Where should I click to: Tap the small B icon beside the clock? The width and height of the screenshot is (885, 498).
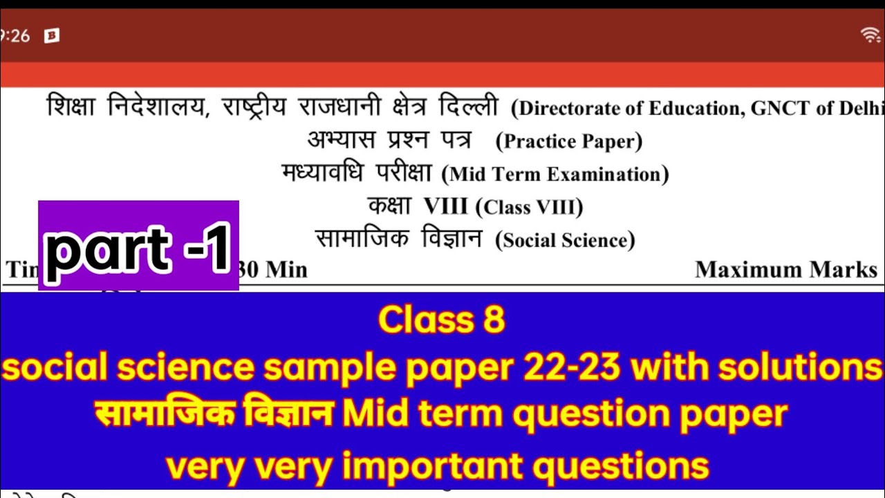point(51,36)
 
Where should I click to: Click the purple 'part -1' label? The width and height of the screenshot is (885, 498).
point(138,246)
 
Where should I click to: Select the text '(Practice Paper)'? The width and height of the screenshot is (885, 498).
point(569,142)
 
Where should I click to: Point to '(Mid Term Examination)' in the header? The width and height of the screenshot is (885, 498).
point(555,174)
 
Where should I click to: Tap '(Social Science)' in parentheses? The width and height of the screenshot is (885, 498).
point(565,240)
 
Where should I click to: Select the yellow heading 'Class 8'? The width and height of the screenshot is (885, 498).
point(442,320)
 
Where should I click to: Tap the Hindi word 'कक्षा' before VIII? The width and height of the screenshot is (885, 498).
point(389,205)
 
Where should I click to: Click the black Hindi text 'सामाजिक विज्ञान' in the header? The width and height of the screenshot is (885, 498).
point(398,239)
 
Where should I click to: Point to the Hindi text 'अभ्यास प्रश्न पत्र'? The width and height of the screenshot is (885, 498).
point(389,140)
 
